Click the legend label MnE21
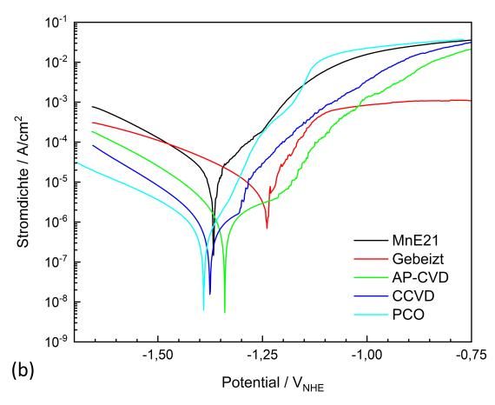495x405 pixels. pyautogui.click(x=415, y=241)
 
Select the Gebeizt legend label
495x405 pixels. pyautogui.click(x=419, y=259)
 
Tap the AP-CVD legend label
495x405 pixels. pyautogui.click(x=420, y=278)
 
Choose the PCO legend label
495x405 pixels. pyautogui.click(x=408, y=315)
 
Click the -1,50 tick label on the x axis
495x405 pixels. pyautogui.click(x=157, y=355)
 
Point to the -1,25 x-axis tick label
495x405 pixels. pyautogui.click(x=262, y=355)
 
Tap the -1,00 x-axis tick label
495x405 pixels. pyautogui.click(x=366, y=355)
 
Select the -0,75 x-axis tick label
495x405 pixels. pyautogui.click(x=471, y=355)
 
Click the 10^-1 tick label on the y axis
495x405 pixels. pyautogui.click(x=58, y=23)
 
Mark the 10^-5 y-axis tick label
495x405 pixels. pyautogui.click(x=58, y=183)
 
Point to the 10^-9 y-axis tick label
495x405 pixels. pyautogui.click(x=58, y=342)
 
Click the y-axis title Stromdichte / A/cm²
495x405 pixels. pyautogui.click(x=23, y=182)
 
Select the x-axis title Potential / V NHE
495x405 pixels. pyautogui.click(x=273, y=383)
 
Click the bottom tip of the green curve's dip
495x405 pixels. pyautogui.click(x=225, y=312)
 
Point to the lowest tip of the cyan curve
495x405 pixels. pyautogui.click(x=203, y=310)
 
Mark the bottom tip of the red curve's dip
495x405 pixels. pyautogui.click(x=267, y=228)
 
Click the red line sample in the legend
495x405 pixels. pyautogui.click(x=370, y=259)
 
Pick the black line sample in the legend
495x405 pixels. pyautogui.click(x=370, y=241)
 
